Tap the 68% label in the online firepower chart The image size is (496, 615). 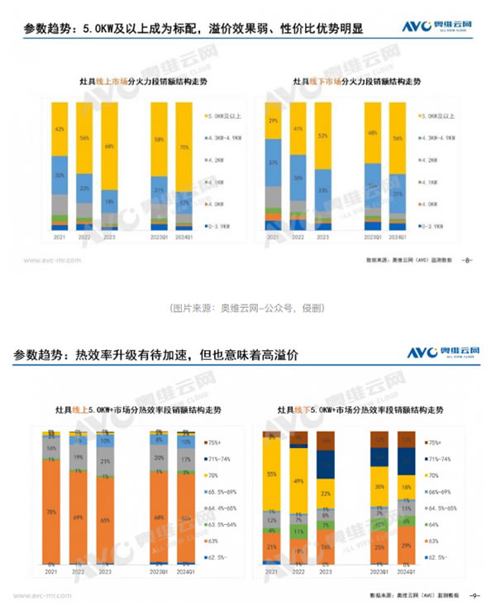point(109,147)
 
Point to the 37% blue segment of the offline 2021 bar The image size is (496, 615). point(274,163)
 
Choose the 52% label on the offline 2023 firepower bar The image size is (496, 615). point(324,135)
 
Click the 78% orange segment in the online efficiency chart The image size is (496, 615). point(52,512)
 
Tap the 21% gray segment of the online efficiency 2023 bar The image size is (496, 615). point(105,461)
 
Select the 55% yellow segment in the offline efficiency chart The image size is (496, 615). point(272,475)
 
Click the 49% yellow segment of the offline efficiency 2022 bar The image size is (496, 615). point(298,480)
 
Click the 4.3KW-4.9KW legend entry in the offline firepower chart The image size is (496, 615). point(441,137)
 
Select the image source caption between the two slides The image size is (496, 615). point(247,308)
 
